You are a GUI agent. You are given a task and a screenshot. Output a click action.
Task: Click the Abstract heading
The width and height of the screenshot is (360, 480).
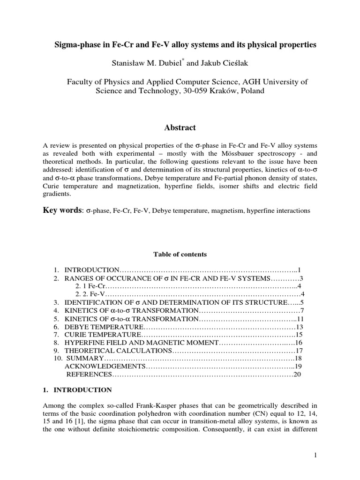(180, 127)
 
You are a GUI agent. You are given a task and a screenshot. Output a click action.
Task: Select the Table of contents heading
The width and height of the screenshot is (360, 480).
(180, 255)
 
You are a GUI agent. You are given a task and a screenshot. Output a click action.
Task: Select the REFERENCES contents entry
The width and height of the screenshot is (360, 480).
(89, 374)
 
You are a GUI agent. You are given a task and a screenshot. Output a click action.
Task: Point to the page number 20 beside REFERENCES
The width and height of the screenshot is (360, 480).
(297, 374)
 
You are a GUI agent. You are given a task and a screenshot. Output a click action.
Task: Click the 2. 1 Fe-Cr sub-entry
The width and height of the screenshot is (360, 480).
(91, 286)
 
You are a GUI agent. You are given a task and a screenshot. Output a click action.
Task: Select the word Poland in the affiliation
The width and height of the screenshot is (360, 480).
(253, 91)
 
